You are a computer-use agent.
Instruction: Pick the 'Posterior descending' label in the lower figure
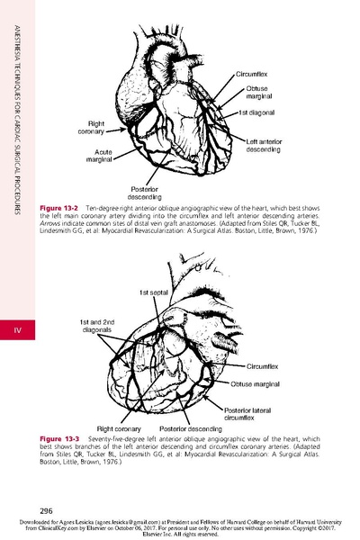pyautogui.click(x=190, y=429)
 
